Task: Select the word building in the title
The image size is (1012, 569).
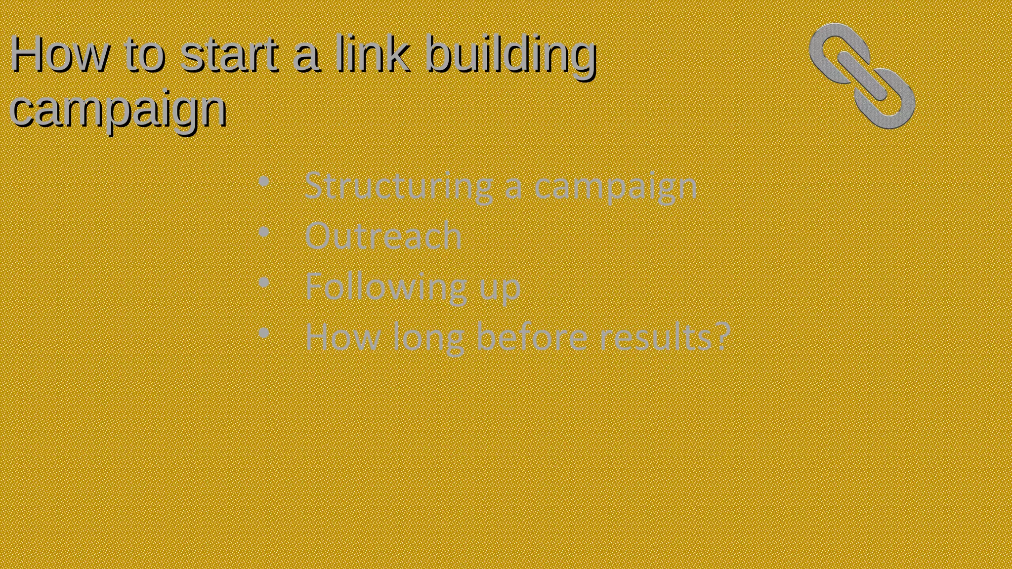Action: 511,55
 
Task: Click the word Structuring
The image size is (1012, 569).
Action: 398,187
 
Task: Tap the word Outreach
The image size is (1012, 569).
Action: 383,236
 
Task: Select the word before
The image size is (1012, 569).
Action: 532,337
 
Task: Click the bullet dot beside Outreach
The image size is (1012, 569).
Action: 264,232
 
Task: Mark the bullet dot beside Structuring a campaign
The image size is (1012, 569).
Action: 264,182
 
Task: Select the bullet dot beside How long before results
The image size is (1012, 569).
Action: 264,333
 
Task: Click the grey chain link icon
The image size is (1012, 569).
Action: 862,76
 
